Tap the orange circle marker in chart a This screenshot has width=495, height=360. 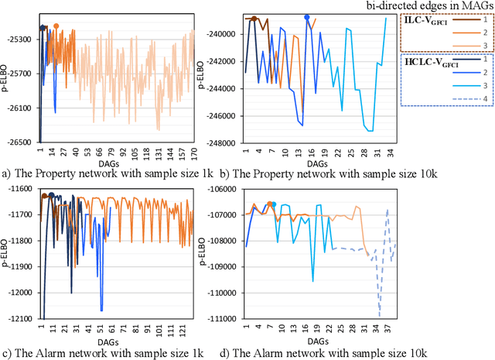point(56,26)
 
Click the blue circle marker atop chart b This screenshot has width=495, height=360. point(307,17)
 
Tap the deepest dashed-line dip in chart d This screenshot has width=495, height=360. point(380,314)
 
